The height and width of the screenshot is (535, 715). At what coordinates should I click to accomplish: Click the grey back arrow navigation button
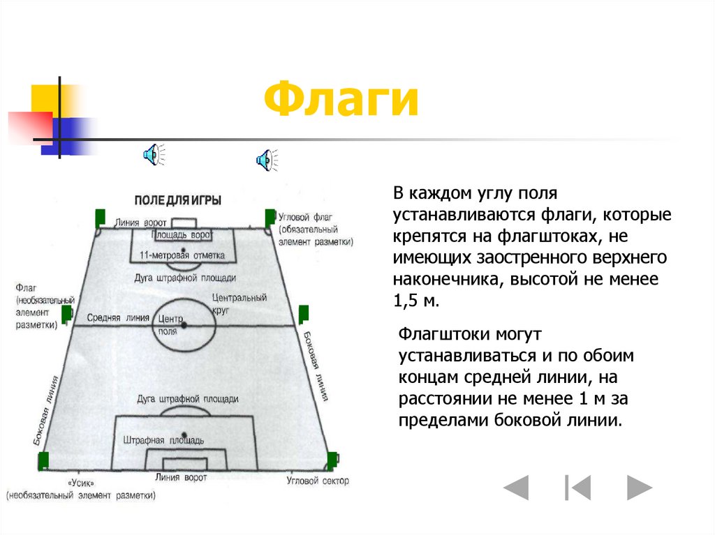pos(516,487)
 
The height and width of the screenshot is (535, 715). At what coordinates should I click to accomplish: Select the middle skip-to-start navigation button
pos(578,487)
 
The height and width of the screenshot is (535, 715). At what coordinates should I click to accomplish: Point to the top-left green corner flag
pos(100,217)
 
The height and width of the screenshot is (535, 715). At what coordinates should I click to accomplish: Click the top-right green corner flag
pos(270,217)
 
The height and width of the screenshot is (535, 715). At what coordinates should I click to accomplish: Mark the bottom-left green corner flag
pos(43,460)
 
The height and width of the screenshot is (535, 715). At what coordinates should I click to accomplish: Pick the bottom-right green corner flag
pos(332,460)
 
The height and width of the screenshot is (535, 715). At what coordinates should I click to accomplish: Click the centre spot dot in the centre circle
pos(184,325)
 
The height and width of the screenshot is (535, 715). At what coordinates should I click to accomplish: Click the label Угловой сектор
pos(318,481)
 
